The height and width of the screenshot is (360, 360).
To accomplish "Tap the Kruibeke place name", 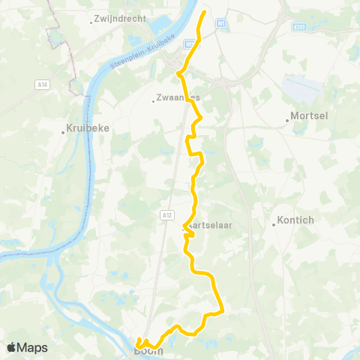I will (88, 127).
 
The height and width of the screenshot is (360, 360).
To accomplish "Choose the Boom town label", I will (148, 350).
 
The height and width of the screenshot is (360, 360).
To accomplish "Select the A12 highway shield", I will (166, 215).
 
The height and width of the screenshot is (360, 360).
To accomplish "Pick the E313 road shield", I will (299, 26).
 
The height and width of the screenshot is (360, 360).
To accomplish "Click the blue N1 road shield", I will (220, 24).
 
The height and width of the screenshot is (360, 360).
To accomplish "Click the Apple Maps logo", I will (27, 348).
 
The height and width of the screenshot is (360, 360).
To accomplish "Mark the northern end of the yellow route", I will (205, 12).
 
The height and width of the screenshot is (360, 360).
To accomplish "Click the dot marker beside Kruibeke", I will (63, 133).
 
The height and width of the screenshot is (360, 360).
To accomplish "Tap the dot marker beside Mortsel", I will (287, 118).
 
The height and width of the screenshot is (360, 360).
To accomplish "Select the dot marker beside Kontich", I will (274, 223).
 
